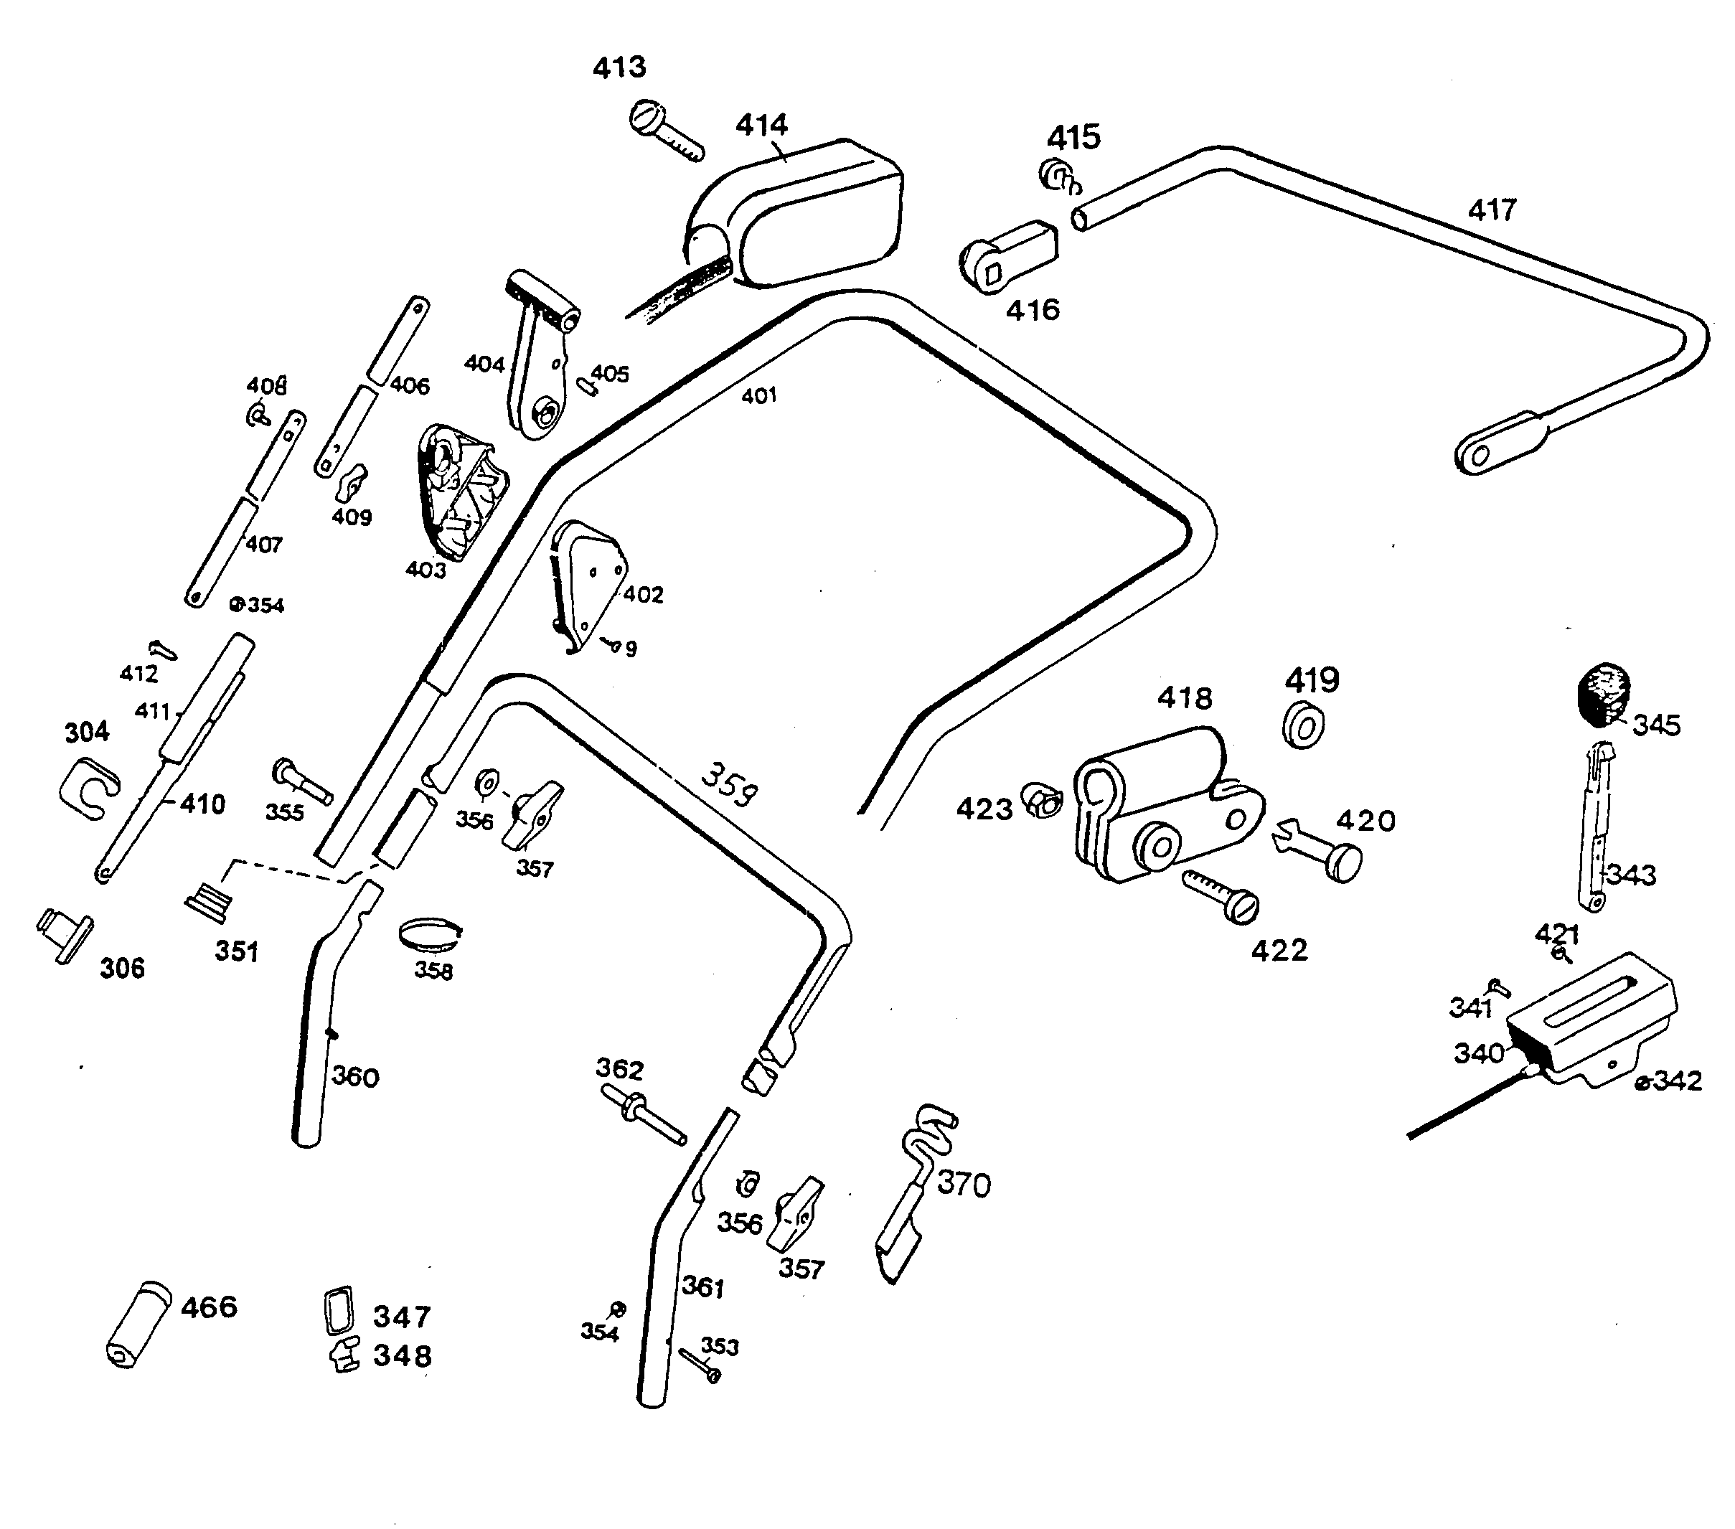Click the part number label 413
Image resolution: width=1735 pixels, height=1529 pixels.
pyautogui.click(x=620, y=67)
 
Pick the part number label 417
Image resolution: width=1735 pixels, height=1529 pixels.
pyautogui.click(x=1491, y=210)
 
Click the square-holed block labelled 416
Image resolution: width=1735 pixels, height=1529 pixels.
pyautogui.click(x=1010, y=256)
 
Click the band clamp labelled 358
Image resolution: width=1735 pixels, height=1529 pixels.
pyautogui.click(x=430, y=936)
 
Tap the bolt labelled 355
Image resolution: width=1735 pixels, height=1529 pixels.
pyautogui.click(x=301, y=781)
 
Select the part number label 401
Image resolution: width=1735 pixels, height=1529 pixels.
pyautogui.click(x=759, y=395)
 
